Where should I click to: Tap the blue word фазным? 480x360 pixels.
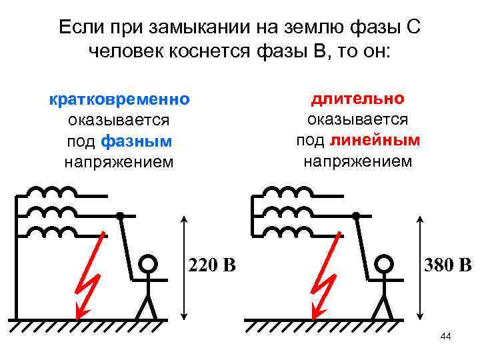[x=137, y=141]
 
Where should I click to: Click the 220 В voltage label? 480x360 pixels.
[x=212, y=266]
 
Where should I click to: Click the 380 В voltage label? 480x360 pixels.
[x=447, y=266]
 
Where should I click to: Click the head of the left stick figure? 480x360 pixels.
[x=147, y=265]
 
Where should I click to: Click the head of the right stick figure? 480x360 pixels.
[x=383, y=265]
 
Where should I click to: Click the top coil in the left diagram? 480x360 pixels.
[x=55, y=193]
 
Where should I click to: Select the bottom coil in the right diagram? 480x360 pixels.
[x=291, y=232]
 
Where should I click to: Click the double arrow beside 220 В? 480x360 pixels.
[x=185, y=267]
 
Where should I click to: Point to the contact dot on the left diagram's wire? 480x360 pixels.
[x=120, y=215]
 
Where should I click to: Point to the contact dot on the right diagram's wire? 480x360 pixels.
[x=356, y=215]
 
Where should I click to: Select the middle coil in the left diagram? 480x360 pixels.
[x=55, y=213]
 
